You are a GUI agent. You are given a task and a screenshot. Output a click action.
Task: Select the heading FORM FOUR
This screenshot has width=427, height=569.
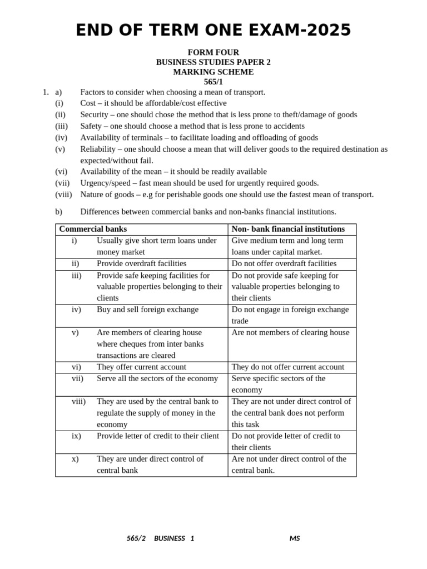coord(213,52)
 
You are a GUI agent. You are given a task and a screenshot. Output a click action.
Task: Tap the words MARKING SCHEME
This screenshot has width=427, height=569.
coord(213,72)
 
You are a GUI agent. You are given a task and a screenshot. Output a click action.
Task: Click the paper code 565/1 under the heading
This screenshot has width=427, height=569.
coord(213,82)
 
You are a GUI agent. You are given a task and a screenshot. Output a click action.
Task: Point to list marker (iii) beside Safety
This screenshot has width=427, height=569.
coord(61,126)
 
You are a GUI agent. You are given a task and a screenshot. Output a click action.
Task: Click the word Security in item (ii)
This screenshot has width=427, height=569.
coord(95,114)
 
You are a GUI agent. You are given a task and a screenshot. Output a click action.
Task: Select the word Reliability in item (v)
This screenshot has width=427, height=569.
coord(99,149)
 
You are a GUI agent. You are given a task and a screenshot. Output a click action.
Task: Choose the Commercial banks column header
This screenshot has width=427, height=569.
coord(93,229)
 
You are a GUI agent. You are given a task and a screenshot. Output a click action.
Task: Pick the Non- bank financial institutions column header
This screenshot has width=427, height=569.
coord(288,229)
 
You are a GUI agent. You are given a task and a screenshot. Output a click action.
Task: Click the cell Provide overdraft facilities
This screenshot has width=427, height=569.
coord(141,263)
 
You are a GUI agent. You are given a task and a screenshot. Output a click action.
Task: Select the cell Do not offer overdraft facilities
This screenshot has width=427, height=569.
coord(284,263)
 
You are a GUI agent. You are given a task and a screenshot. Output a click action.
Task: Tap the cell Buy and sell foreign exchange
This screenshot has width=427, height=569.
coord(147,310)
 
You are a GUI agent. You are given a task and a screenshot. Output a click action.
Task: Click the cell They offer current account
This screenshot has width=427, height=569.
coord(141,367)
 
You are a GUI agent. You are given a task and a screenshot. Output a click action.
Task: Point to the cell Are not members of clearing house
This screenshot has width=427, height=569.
coord(290,332)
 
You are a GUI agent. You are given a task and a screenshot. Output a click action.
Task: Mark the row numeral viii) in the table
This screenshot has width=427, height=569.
coord(78,401)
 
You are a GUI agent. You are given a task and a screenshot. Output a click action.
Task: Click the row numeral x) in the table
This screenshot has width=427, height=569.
coord(75,459)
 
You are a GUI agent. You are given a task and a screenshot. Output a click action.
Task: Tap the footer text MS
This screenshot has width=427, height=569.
coord(294,538)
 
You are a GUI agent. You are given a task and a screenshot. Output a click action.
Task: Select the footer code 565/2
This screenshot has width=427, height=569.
coord(136,538)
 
